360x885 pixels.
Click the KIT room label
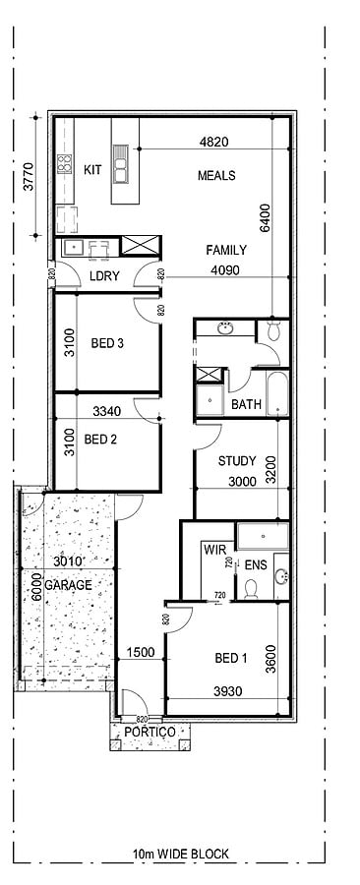[92, 169]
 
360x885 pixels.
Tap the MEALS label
[216, 176]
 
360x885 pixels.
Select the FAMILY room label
[225, 250]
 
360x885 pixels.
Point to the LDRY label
[105, 276]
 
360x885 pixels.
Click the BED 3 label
[107, 343]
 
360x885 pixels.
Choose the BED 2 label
[100, 439]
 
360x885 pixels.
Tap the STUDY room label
[237, 461]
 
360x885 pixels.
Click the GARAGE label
[68, 585]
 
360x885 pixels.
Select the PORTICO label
[150, 732]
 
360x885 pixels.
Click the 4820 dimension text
[213, 143]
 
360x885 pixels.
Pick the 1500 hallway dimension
[141, 653]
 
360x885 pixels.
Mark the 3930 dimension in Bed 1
[228, 691]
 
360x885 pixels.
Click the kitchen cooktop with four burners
[65, 163]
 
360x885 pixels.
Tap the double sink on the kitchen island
[120, 163]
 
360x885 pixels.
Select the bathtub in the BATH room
[277, 394]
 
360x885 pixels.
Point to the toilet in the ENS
[251, 589]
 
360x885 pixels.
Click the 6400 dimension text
[266, 218]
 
